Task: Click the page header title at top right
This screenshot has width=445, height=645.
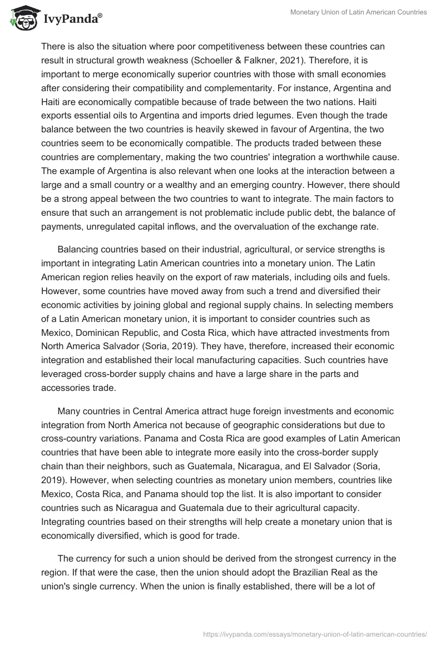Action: click(x=359, y=12)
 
